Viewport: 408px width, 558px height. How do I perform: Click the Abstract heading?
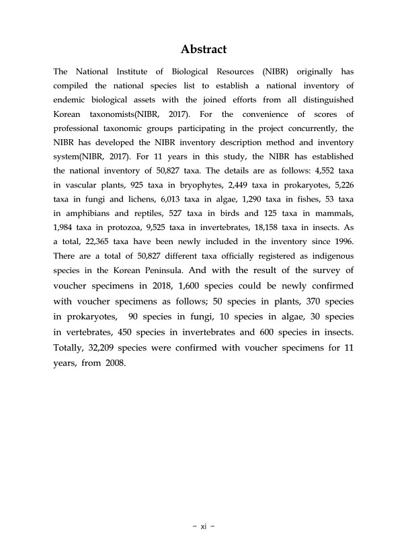coord(204,50)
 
